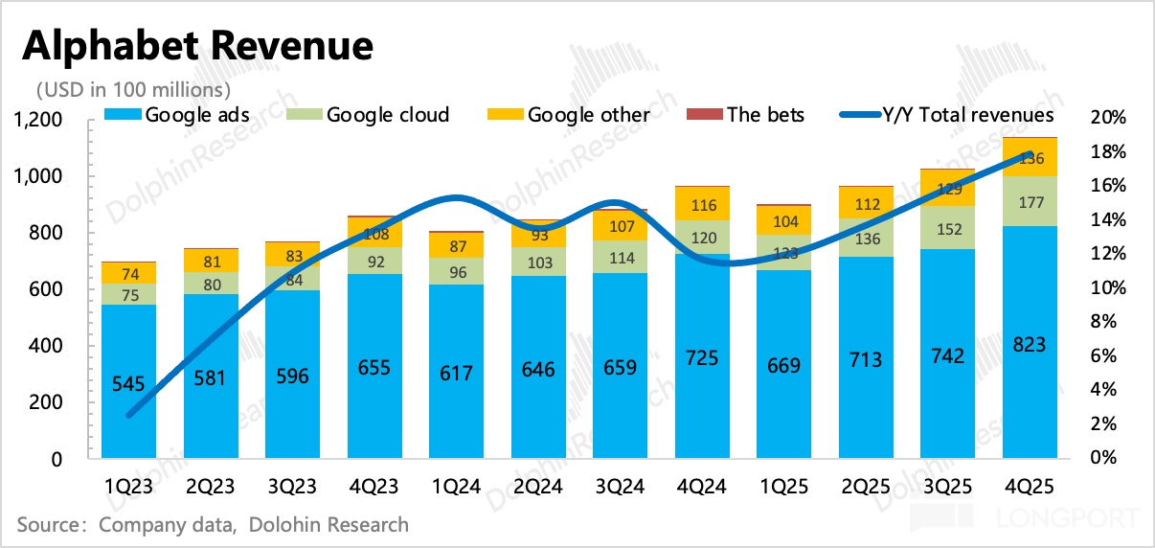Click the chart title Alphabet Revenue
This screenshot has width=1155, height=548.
click(197, 46)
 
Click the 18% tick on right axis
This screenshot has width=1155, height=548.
click(1107, 151)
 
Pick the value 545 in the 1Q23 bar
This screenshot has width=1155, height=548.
click(128, 384)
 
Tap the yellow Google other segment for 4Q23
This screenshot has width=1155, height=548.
click(374, 233)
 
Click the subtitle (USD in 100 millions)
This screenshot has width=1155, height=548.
click(133, 90)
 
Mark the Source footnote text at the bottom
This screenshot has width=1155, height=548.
click(213, 524)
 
